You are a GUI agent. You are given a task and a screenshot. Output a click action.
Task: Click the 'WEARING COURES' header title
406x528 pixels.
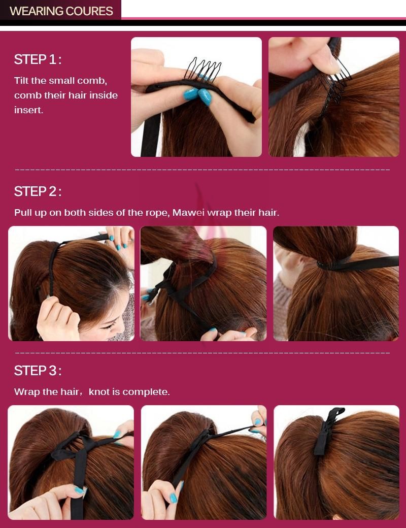[x=61, y=11]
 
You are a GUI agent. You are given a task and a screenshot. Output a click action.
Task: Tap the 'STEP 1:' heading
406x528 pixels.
[x=38, y=59]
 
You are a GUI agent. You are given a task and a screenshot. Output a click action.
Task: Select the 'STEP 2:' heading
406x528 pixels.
[x=38, y=191]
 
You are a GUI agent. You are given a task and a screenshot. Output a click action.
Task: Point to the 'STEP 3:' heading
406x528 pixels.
[x=38, y=371]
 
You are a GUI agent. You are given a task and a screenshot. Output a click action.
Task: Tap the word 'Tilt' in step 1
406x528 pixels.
[x=21, y=81]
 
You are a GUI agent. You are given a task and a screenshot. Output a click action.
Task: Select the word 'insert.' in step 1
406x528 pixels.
[x=28, y=110]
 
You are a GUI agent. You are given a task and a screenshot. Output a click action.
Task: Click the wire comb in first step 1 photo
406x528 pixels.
[x=202, y=70]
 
